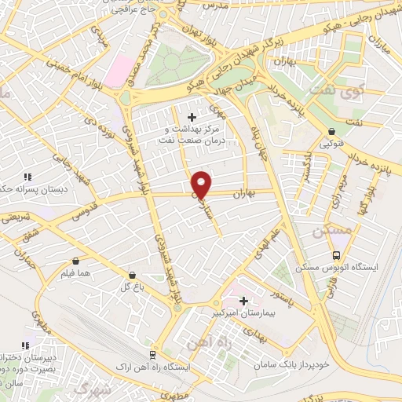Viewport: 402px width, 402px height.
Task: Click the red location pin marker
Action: click(202, 184)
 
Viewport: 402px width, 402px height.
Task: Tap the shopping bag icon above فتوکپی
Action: click(333, 131)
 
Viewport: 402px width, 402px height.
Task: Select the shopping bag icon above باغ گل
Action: click(132, 275)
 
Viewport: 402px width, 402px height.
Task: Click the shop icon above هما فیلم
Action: click(75, 261)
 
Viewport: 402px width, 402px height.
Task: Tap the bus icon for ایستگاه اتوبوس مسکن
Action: click(337, 255)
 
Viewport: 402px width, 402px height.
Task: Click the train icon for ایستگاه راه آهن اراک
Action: click(154, 354)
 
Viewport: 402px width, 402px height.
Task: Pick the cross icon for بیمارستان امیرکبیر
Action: click(243, 301)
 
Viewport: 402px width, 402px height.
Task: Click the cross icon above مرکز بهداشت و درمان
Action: click(192, 117)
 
